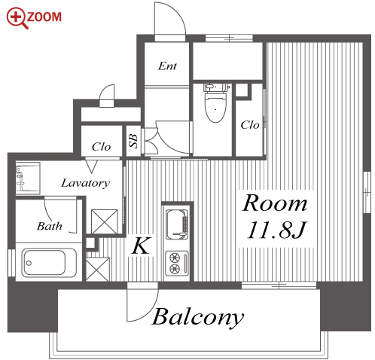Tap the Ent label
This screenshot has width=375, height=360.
[167, 66]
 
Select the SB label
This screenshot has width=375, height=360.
[133, 141]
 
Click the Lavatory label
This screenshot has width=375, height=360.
[86, 183]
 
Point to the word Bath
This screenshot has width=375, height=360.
[50, 226]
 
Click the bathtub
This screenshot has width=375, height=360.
[49, 263]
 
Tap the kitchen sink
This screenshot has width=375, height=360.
[177, 224]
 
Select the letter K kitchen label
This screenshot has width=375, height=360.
[142, 246]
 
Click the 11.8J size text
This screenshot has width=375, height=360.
[276, 230]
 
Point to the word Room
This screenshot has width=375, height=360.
[275, 203]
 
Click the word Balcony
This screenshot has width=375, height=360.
[198, 317]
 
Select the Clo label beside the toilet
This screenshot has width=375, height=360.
[250, 125]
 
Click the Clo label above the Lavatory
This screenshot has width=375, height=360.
[101, 147]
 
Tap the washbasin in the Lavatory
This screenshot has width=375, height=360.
[28, 178]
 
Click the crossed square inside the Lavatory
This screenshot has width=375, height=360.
[104, 222]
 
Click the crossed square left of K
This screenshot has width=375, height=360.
[98, 269]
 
